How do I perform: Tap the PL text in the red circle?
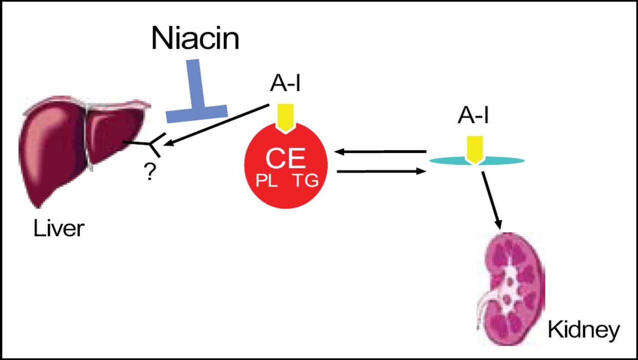click(x=267, y=180)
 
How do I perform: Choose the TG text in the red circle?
click(x=305, y=180)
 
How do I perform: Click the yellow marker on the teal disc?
click(x=474, y=149)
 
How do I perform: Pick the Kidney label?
click(x=583, y=330)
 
